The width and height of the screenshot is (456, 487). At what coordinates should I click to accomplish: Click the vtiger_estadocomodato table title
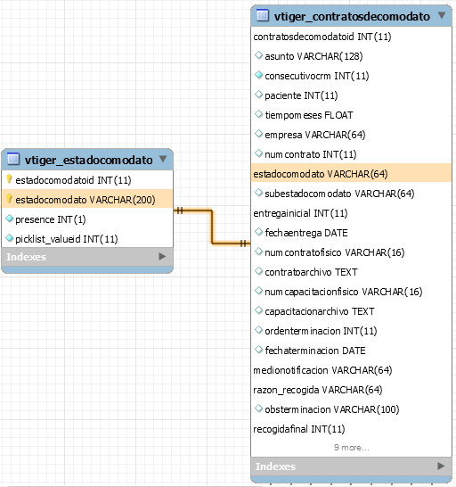(x=89, y=161)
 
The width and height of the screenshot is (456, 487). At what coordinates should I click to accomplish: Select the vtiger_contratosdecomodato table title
(x=352, y=16)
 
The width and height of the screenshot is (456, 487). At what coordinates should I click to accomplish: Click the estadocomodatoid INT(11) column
(x=73, y=180)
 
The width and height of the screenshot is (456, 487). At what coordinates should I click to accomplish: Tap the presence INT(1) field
(x=51, y=219)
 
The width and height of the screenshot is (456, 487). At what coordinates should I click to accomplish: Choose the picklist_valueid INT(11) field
(x=67, y=239)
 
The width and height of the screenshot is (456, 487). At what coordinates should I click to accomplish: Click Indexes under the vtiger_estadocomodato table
(x=26, y=257)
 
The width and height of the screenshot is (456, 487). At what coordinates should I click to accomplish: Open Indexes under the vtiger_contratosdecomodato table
(x=275, y=466)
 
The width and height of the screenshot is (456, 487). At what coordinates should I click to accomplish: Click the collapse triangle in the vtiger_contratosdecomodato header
(x=442, y=15)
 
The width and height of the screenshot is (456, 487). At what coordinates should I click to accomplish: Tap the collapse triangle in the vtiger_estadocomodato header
(x=163, y=159)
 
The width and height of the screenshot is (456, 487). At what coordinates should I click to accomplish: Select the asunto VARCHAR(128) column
(x=313, y=56)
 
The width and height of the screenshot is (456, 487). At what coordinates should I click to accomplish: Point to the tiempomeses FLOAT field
(x=309, y=115)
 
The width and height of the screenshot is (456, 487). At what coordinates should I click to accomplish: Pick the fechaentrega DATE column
(x=306, y=233)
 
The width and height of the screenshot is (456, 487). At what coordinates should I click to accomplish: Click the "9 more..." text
(x=352, y=448)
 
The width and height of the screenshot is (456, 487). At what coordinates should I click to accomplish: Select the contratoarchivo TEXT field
(x=311, y=272)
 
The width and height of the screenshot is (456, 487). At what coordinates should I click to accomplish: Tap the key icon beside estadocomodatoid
(x=9, y=179)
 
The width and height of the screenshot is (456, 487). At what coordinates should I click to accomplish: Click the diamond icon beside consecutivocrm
(x=258, y=75)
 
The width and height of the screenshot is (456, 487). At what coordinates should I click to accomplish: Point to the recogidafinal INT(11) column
(x=299, y=429)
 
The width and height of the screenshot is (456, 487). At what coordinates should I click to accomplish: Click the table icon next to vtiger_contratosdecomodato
(x=262, y=15)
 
